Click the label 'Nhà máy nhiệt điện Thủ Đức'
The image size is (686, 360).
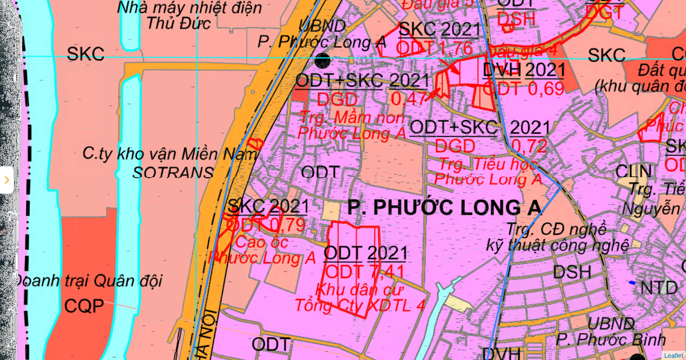pyautogui.click(x=189, y=15)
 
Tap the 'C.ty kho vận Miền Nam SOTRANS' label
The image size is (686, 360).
pyautogui.click(x=147, y=162)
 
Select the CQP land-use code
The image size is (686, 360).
pyautogui.click(x=84, y=306)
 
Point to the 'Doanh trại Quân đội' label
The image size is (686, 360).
pyautogui.click(x=88, y=281)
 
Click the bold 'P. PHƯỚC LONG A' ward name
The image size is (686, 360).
pyautogui.click(x=444, y=208)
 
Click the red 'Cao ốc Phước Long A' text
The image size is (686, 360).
pyautogui.click(x=263, y=250)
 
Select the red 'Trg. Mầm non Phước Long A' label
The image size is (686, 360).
pyautogui.click(x=351, y=125)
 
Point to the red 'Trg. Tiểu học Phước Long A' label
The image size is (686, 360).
pyautogui.click(x=488, y=171)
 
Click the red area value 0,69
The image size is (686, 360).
pyautogui.click(x=545, y=89)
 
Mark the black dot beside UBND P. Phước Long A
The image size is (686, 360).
pyautogui.click(x=322, y=59)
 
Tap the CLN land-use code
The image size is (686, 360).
pyautogui.click(x=633, y=171)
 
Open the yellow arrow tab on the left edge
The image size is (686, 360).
pyautogui.click(x=6, y=180)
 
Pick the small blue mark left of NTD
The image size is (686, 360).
pyautogui.click(x=631, y=283)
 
